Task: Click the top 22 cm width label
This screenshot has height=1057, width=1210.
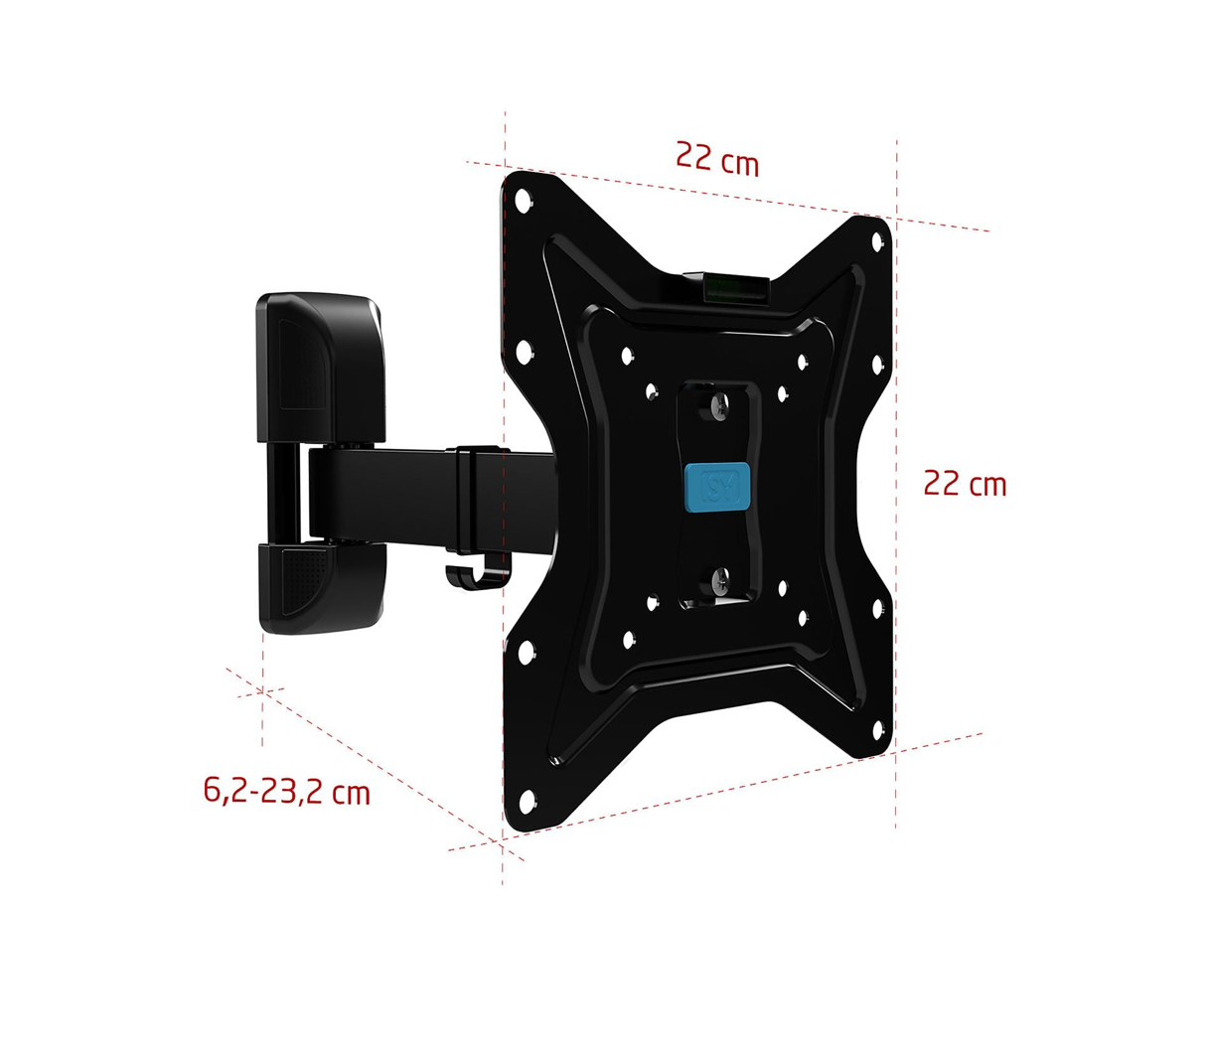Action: point(717,159)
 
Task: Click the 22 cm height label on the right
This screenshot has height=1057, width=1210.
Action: point(965,483)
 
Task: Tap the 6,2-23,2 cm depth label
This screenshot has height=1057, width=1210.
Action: point(287,791)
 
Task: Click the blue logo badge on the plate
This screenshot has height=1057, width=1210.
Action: point(717,487)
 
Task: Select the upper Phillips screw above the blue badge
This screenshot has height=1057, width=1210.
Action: point(719,406)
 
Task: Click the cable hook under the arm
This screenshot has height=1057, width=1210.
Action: point(476,576)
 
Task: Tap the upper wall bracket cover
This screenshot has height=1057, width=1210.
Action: point(321,367)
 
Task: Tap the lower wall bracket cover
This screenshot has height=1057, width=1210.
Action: point(323,587)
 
